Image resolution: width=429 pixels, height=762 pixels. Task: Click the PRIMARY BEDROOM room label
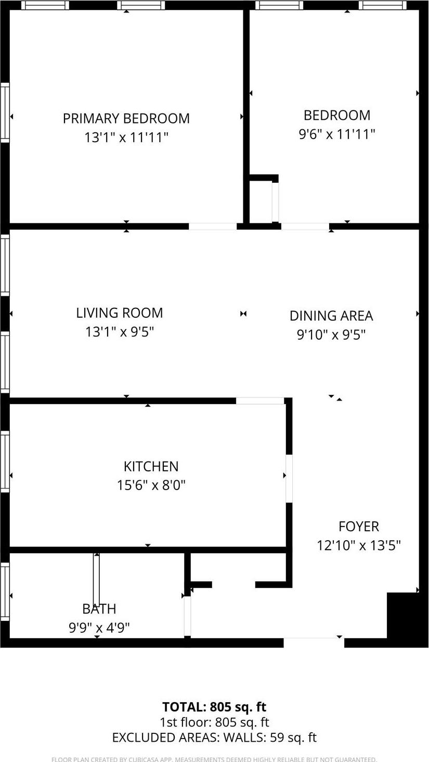126,118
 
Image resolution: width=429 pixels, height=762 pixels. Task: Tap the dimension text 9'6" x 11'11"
336,134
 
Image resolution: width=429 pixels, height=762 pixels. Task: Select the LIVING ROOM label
119,313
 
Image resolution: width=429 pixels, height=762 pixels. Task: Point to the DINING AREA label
331,316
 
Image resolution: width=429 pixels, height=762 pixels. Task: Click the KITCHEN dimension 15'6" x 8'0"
151,485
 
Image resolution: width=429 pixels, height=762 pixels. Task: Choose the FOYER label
358,527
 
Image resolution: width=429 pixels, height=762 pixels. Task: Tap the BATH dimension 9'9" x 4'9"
99,628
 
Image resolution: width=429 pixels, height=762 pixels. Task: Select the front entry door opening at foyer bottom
314,642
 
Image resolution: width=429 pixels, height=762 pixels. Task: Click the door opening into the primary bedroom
212,227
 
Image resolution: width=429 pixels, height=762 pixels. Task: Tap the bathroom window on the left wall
5,592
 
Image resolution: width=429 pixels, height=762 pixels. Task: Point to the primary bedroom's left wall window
5,112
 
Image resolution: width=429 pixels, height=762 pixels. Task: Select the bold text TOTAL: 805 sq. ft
214,707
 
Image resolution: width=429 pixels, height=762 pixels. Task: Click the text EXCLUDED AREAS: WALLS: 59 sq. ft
214,738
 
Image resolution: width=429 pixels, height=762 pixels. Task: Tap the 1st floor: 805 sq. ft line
214,722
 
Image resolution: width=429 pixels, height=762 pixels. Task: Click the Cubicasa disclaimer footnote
214,759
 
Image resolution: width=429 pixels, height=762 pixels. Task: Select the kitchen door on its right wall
289,478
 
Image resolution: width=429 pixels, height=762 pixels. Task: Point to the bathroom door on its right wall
187,616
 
